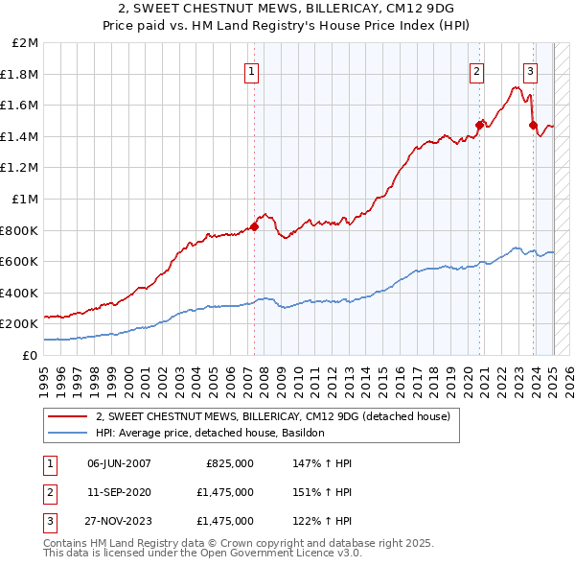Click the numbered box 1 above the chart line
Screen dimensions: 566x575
coord(251,70)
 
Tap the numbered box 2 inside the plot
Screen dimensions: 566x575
coord(476,70)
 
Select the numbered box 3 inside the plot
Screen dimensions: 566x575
coord(530,70)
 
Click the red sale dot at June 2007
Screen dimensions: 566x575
coord(255,226)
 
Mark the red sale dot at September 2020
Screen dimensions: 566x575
coord(480,124)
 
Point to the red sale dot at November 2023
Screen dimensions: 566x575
coord(533,124)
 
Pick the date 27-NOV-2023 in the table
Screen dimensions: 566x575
coord(119,521)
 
